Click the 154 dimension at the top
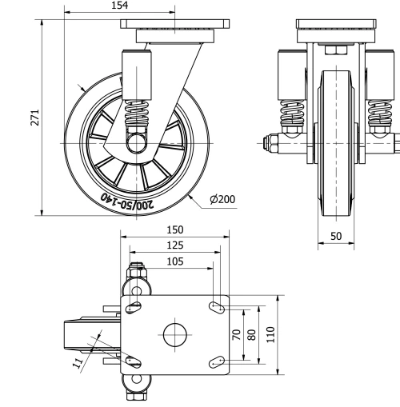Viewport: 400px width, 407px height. click(119, 6)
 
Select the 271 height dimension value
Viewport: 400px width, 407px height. click(33, 117)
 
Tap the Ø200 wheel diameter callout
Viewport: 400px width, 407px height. click(222, 199)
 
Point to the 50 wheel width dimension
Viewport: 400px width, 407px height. click(336, 235)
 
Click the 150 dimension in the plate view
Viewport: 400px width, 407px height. click(175, 229)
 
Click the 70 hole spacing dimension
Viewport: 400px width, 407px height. click(236, 334)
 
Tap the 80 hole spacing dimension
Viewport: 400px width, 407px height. click(253, 334)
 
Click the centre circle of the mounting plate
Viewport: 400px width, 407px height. click(175, 334)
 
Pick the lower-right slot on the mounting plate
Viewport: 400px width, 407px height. click(217, 363)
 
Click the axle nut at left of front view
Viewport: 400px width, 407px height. click(270, 144)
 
